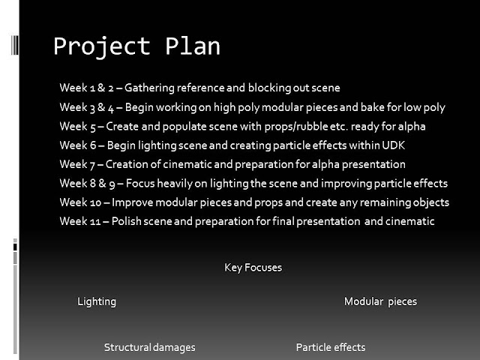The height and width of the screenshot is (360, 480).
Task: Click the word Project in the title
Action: tap(102, 46)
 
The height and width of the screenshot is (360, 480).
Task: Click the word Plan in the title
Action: tap(193, 46)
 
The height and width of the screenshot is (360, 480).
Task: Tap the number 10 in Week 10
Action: tap(95, 202)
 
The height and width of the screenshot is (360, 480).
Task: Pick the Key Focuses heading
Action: tap(253, 268)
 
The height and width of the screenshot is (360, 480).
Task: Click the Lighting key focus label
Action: tap(97, 301)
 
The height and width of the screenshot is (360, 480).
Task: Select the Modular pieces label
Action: tap(380, 301)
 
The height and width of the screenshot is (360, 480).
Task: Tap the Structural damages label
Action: tap(150, 348)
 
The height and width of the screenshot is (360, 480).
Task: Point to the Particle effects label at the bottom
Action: tap(331, 347)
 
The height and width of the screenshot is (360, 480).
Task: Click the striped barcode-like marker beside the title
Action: tap(15, 45)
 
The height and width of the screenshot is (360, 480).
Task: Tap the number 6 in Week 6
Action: tap(93, 145)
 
